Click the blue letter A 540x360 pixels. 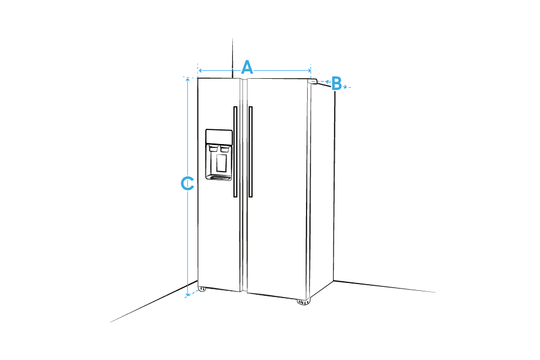click(247, 67)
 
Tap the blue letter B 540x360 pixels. click(336, 83)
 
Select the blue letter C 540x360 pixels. click(187, 183)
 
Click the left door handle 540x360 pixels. click(236, 151)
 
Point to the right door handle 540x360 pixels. click(250, 151)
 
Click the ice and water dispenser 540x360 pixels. click(219, 155)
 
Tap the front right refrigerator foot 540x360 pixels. click(303, 302)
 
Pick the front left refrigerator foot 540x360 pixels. click(202, 289)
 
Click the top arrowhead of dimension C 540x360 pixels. click(187, 79)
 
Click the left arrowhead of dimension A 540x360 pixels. click(200, 71)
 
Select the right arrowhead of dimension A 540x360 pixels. click(309, 71)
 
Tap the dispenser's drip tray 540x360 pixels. click(219, 178)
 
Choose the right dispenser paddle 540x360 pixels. click(224, 149)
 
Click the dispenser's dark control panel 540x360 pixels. click(219, 137)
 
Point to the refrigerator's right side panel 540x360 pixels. click(322, 190)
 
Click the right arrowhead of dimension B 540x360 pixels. click(344, 87)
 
